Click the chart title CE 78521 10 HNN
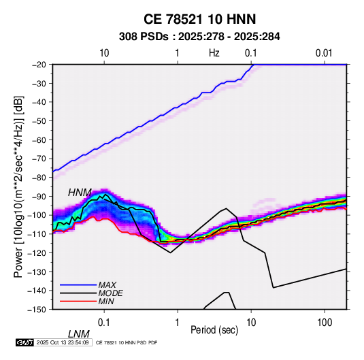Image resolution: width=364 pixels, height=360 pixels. pyautogui.click(x=199, y=19)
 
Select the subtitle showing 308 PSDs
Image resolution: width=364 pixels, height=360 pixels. pyautogui.click(x=199, y=37)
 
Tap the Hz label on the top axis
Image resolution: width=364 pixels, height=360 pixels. pyautogui.click(x=214, y=53)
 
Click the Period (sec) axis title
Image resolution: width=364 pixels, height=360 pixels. pyautogui.click(x=214, y=330)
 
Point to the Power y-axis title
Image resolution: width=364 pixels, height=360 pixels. pyautogui.click(x=18, y=186)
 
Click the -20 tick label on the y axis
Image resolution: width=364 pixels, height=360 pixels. pyautogui.click(x=39, y=65)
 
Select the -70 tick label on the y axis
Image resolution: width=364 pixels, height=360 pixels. pyautogui.click(x=39, y=159)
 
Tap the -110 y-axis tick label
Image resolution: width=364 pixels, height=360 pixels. pyautogui.click(x=37, y=234)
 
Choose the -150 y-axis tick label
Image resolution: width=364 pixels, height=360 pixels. pyautogui.click(x=37, y=310)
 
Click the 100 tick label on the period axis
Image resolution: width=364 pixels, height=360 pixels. pyautogui.click(x=325, y=323)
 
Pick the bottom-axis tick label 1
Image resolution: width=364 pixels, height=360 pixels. pyautogui.click(x=178, y=323)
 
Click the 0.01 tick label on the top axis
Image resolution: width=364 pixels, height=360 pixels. pyautogui.click(x=324, y=53)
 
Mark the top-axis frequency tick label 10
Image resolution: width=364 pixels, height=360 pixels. pyautogui.click(x=104, y=53)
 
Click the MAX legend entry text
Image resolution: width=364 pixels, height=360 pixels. pyautogui.click(x=107, y=285)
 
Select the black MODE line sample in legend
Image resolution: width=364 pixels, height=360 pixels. pyautogui.click(x=78, y=293)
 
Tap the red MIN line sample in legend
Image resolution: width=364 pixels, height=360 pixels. pyautogui.click(x=78, y=301)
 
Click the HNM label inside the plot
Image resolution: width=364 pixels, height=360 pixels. pyautogui.click(x=80, y=193)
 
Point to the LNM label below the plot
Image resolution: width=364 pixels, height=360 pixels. pyautogui.click(x=79, y=334)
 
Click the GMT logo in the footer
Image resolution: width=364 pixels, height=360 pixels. pyautogui.click(x=24, y=342)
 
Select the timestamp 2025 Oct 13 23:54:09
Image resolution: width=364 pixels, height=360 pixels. pyautogui.click(x=63, y=342)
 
